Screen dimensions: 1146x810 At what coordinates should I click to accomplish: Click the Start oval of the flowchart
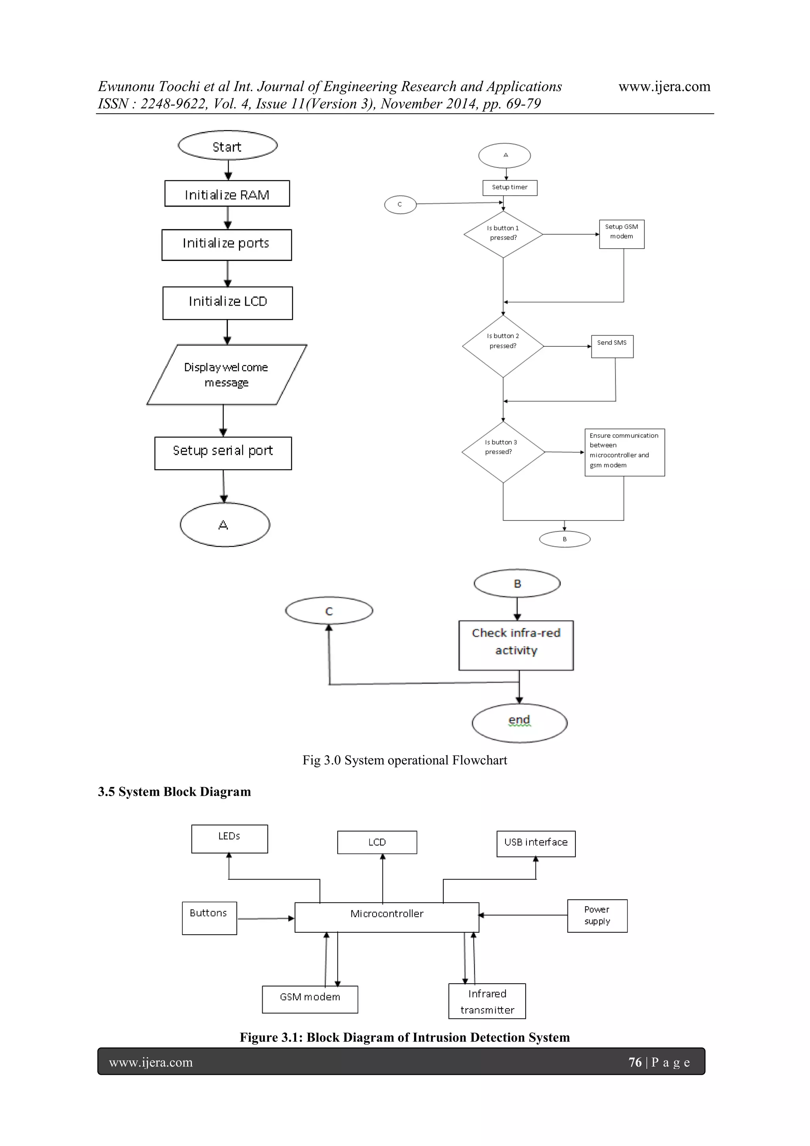point(227,146)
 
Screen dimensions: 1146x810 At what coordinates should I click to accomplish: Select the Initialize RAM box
point(227,194)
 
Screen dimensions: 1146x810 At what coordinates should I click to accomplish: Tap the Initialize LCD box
point(227,302)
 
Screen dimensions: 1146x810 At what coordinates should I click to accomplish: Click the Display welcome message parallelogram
point(227,374)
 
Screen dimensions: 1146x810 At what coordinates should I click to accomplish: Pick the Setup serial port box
point(223,453)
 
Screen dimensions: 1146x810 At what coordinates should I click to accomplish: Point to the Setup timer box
point(510,188)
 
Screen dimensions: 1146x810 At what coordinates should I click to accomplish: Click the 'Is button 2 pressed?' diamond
point(503,346)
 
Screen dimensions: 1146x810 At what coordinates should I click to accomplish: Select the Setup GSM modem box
point(621,234)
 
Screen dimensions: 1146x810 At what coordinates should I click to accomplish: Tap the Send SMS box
point(612,346)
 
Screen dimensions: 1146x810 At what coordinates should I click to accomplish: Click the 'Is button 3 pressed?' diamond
point(503,452)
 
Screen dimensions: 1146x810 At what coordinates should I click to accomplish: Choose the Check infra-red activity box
point(516,645)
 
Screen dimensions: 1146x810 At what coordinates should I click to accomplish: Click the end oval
point(519,723)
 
